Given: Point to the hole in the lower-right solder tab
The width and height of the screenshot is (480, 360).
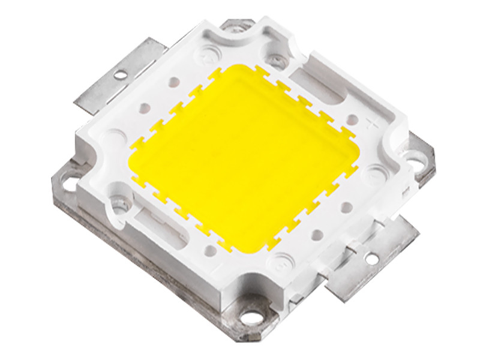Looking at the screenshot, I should tap(371, 259).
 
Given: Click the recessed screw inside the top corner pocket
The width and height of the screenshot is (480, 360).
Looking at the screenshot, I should tap(275, 61).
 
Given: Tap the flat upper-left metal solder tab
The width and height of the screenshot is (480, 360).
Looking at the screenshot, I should tap(114, 78).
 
